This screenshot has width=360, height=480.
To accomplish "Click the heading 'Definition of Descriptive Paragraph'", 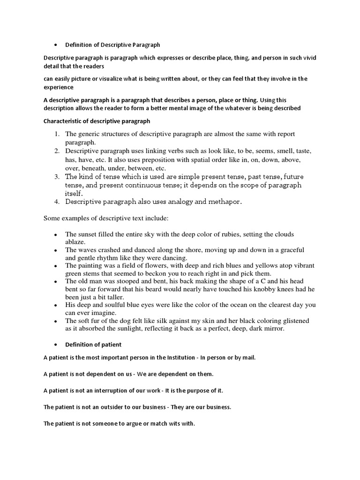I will click(x=112, y=45).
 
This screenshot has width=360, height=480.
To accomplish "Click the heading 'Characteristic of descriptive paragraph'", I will click(x=97, y=121).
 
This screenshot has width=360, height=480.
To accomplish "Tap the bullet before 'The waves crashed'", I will click(x=56, y=250).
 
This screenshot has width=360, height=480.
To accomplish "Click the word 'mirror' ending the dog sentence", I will click(x=282, y=329).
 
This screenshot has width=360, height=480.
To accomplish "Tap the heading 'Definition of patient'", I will click(x=93, y=345).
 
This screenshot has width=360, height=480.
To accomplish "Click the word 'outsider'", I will click(x=112, y=407).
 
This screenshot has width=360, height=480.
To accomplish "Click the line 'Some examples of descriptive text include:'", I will click(x=109, y=218).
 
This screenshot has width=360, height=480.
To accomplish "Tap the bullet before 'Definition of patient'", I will click(x=56, y=345).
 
